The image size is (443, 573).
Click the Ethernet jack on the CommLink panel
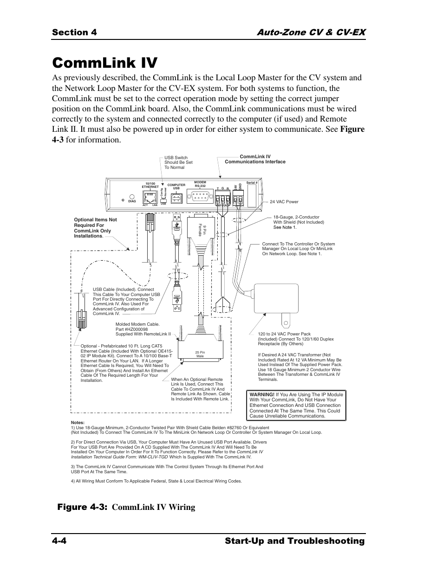pos(150,197)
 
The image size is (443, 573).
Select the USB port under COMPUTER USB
pos(176,198)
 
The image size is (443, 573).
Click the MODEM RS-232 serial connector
pos(200,198)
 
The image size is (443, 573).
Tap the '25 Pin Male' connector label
pos(200,354)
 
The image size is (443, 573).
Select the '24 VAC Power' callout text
pos(284,202)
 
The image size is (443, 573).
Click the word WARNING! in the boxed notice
pos(262,395)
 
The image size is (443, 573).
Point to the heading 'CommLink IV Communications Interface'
pos(255,159)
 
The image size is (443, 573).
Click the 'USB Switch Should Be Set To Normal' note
pos(178,162)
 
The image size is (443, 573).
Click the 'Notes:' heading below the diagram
pos(78,422)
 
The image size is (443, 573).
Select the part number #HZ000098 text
pos(136,329)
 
